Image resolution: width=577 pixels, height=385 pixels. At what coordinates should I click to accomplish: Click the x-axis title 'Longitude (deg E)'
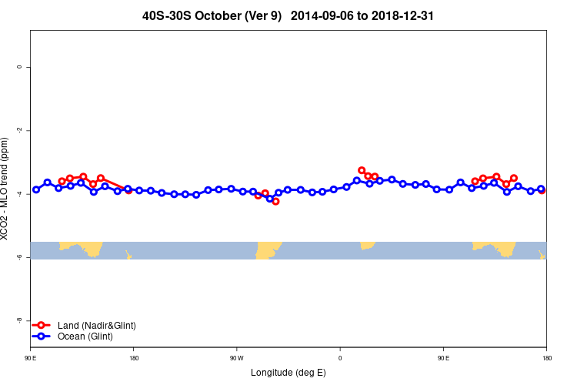coord(288,373)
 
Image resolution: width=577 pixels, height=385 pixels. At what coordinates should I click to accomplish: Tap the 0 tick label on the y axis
coord(19,67)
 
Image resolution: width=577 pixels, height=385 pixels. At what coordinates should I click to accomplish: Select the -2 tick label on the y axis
coord(19,130)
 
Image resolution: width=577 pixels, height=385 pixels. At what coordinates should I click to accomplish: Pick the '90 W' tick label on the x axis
coord(236,358)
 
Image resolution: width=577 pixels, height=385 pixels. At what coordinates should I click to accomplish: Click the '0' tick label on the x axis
coord(340,358)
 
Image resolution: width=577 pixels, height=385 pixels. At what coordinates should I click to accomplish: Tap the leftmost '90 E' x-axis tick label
coord(30,358)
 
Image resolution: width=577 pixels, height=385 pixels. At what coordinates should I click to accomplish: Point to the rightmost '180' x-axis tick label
coord(546,358)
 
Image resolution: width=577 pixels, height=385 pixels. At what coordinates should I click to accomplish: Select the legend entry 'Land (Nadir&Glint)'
coord(96,326)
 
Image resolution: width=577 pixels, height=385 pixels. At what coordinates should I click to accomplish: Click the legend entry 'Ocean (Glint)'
coord(85,336)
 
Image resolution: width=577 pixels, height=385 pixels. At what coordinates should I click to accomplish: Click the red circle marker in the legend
coord(42,326)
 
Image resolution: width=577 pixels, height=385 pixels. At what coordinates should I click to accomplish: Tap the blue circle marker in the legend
coord(42,336)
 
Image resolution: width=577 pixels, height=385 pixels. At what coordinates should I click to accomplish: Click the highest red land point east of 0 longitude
coord(362,170)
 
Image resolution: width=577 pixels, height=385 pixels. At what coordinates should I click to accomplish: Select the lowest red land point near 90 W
coord(275,201)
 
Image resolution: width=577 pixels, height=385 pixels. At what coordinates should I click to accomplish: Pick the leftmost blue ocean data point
coord(36,189)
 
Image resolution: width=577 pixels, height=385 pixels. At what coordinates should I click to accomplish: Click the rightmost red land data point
coord(542,190)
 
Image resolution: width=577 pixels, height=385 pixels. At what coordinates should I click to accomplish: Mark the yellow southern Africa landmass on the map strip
coord(367,245)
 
